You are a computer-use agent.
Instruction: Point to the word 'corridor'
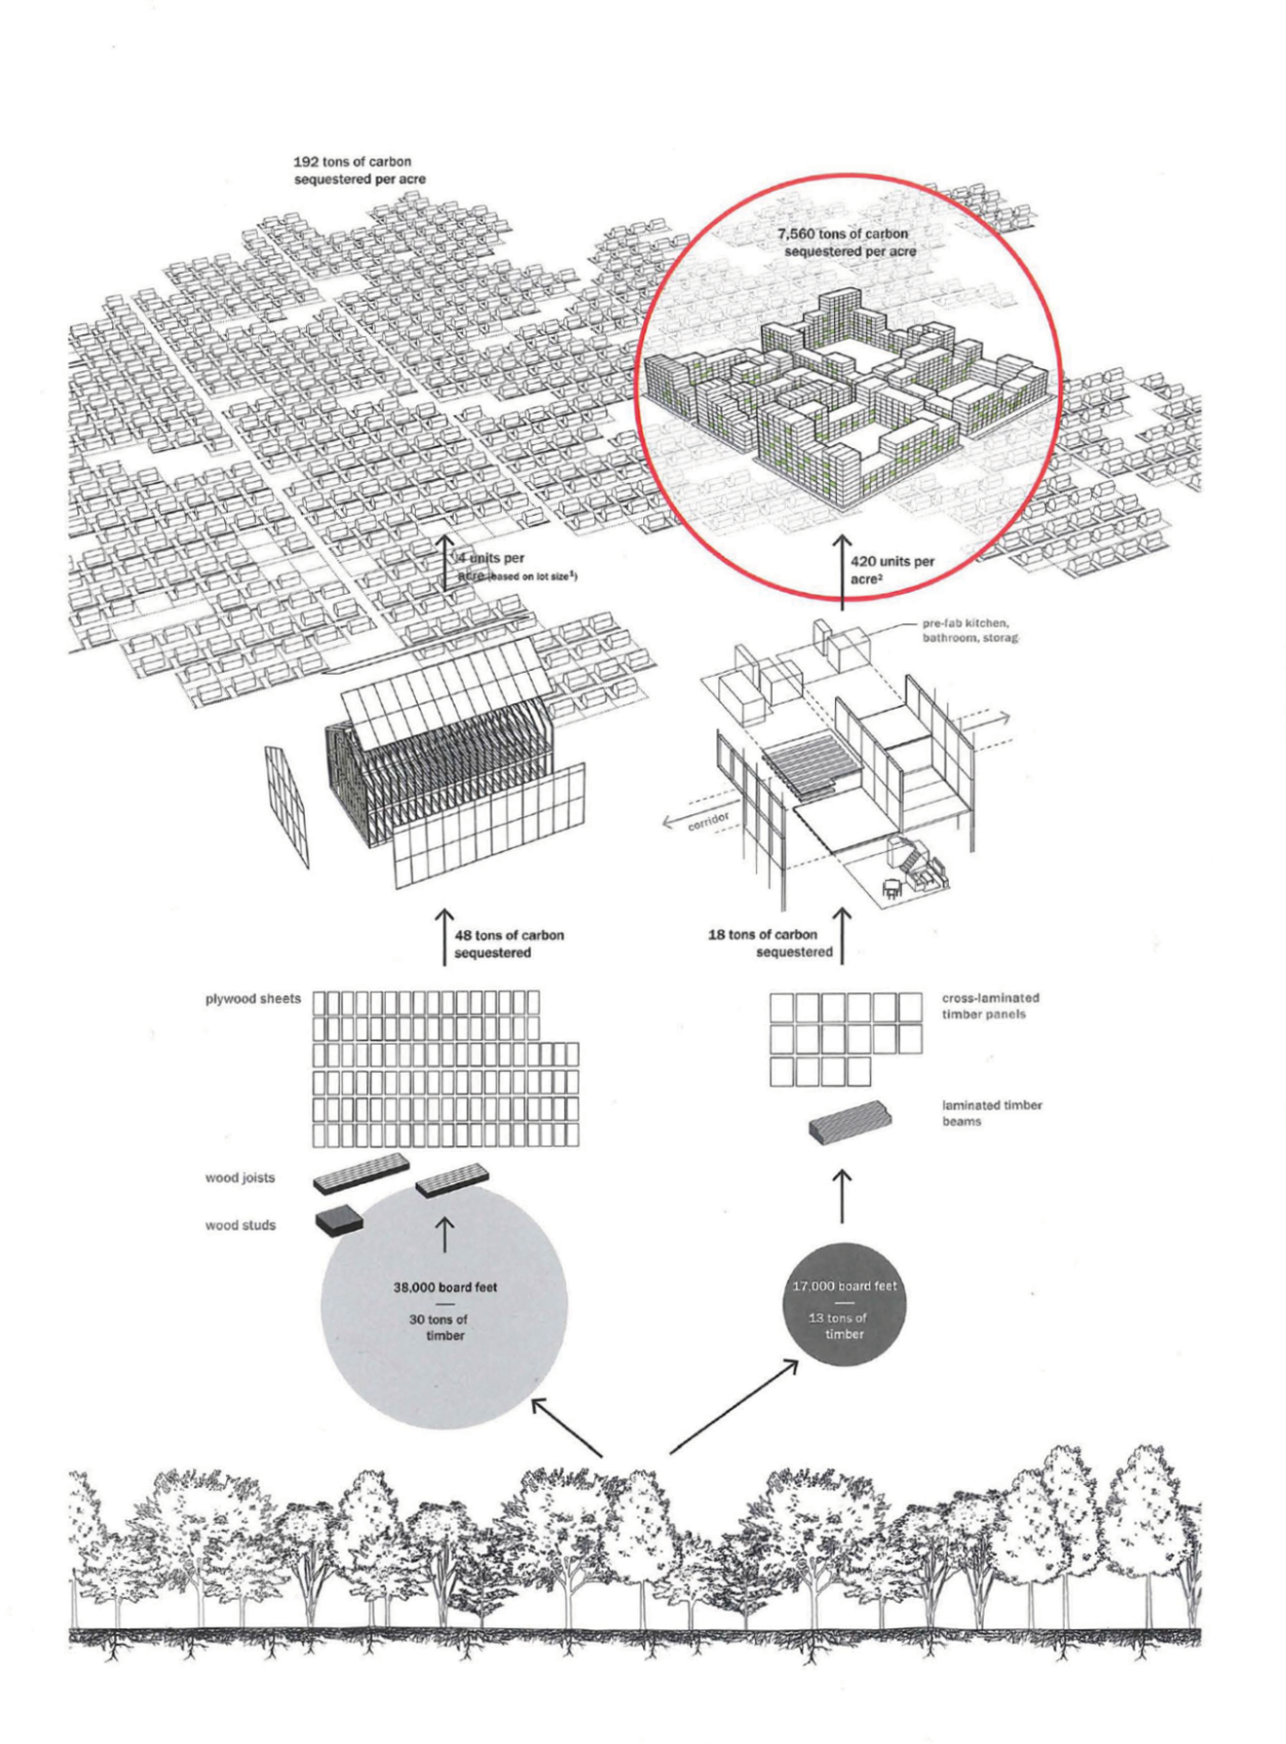pyautogui.click(x=708, y=821)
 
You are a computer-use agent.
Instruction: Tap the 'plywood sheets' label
pyautogui.click(x=252, y=999)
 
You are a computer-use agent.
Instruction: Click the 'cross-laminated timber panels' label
pyautogui.click(x=990, y=1006)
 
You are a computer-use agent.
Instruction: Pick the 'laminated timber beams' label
pyautogui.click(x=991, y=1113)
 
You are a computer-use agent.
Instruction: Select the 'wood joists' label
pyautogui.click(x=240, y=1177)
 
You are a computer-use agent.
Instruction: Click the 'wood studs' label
pyautogui.click(x=240, y=1225)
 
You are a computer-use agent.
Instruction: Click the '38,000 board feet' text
pyautogui.click(x=444, y=1287)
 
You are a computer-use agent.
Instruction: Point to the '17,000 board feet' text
pyautogui.click(x=844, y=1286)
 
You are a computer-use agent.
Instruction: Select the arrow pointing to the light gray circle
pyautogui.click(x=566, y=1428)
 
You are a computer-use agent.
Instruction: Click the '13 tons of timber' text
pyautogui.click(x=843, y=1325)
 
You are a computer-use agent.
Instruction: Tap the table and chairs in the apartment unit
pyautogui.click(x=891, y=886)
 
